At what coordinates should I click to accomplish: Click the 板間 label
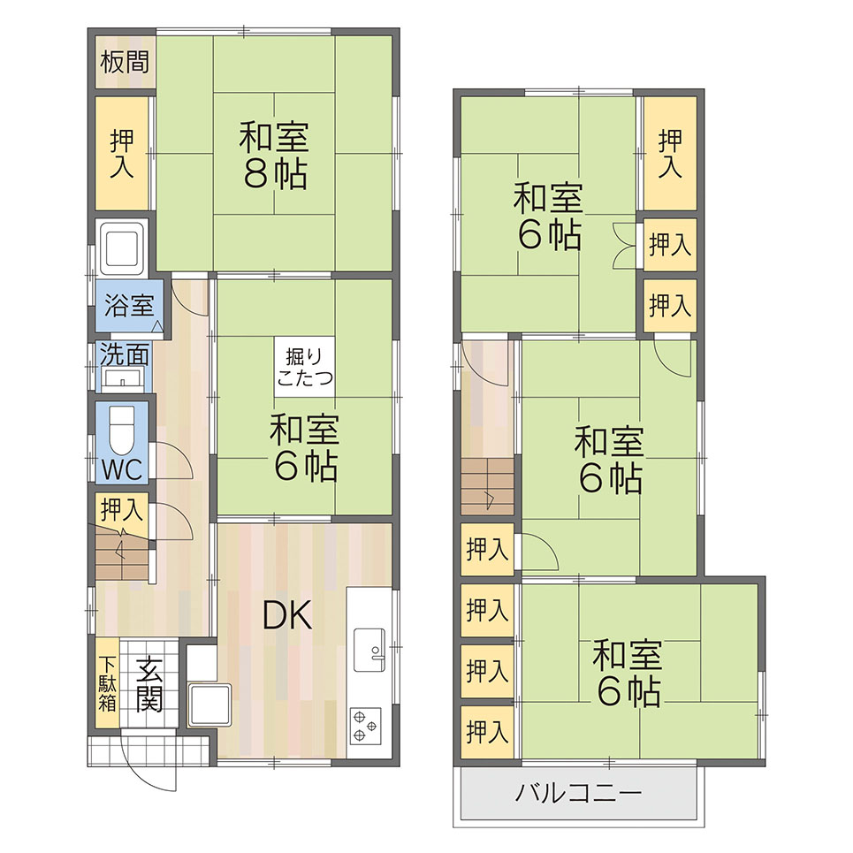point(125,62)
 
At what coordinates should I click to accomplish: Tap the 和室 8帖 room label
point(274,155)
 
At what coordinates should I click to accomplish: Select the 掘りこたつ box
point(305,367)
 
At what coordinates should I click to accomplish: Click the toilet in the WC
point(122,430)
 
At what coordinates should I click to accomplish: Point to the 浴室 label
point(129,305)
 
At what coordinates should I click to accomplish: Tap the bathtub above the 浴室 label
point(121,248)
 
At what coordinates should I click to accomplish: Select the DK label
point(287,615)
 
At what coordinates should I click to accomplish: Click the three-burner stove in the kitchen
point(364,727)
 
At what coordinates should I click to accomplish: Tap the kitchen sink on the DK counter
point(369,650)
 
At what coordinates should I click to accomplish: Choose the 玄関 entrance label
point(149,684)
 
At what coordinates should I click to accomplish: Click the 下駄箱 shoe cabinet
point(108,682)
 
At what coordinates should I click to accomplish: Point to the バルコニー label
point(578,793)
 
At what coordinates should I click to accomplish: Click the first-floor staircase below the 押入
point(122,552)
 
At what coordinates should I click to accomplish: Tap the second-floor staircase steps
point(487,486)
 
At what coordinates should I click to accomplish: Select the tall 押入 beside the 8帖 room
point(122,154)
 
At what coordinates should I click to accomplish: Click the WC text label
point(122,469)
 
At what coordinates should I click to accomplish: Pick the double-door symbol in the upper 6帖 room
point(624,245)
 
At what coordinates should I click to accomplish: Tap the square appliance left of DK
point(209,705)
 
